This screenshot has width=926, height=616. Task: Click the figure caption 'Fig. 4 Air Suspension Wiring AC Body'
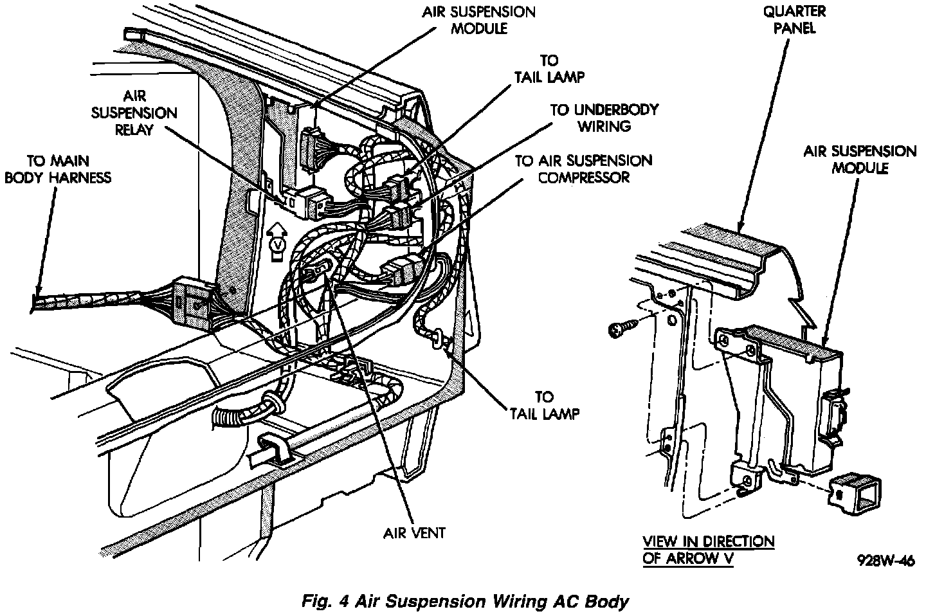464,602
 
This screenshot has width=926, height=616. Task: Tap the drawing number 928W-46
885,560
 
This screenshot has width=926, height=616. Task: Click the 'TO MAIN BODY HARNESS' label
58,168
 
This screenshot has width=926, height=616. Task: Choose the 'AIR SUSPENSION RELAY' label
134,113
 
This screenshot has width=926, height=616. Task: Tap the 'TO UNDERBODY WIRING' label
604,118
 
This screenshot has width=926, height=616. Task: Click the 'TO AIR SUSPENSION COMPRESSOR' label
583,168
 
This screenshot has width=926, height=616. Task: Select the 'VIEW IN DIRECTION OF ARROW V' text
708,550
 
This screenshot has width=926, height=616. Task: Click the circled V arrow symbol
277,243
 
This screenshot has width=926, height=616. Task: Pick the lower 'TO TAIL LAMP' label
544,405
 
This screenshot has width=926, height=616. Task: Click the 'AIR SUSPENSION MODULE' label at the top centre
478,20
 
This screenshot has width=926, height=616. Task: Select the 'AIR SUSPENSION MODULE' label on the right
860,159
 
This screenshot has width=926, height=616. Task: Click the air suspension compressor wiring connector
398,271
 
